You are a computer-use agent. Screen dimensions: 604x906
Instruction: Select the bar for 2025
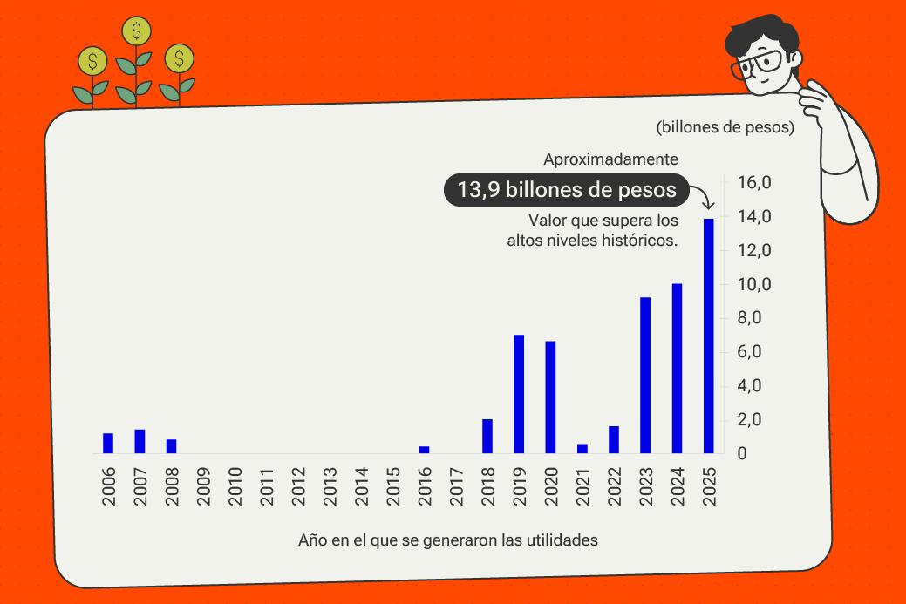pos(709,336)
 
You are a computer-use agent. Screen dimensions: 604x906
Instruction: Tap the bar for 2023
pos(645,375)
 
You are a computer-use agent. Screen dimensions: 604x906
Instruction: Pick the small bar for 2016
pos(425,450)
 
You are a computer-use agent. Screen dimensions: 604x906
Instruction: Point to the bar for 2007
pos(140,442)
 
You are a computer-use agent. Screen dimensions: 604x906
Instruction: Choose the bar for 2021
pos(582,449)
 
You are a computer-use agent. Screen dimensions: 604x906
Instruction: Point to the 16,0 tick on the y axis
pos(754,183)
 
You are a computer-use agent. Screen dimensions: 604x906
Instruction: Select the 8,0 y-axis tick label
pos(754,318)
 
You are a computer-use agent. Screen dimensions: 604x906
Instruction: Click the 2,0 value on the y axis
pos(754,420)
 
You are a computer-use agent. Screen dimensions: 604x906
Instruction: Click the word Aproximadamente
pos(610,159)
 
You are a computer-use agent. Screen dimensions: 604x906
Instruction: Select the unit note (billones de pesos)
pos(725,127)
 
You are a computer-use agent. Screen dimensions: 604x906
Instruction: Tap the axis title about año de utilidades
pos(448,540)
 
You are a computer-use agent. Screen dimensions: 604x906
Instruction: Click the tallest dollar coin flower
pos(136,32)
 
